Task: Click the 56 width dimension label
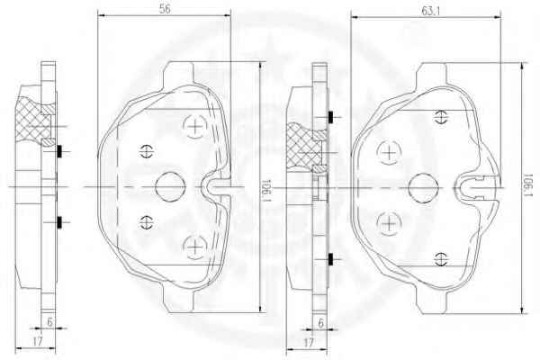coord(165,9)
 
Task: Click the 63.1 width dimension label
coord(431,11)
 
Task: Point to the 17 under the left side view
coord(37,341)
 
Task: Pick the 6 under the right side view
coord(321,323)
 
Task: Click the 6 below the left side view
coord(49,322)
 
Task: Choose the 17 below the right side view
coord(309,343)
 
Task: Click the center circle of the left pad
coord(170,186)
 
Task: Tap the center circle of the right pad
coord(423,188)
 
